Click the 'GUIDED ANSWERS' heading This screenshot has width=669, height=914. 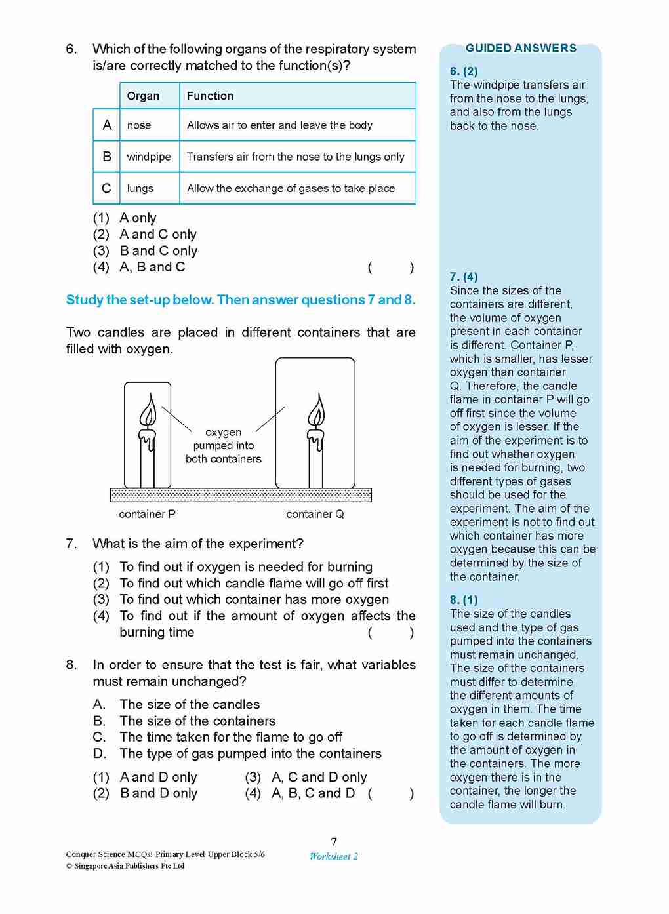tap(521, 49)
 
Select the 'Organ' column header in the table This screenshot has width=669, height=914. tap(143, 96)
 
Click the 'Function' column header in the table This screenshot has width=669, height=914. tap(210, 96)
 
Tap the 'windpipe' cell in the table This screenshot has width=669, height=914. tap(149, 157)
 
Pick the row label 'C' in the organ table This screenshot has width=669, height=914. tap(106, 188)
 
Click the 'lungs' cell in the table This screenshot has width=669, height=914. tap(140, 188)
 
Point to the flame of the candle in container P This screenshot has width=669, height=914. tap(148, 412)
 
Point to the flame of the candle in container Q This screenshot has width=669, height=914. tap(316, 412)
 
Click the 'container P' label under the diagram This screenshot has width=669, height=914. tap(147, 514)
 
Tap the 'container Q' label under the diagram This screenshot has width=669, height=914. tap(315, 514)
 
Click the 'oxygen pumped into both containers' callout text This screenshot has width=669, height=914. tap(224, 446)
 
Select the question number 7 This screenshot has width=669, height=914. tap(71, 544)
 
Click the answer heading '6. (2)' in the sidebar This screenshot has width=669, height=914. tap(464, 71)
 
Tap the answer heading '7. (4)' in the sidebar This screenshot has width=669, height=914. tap(464, 277)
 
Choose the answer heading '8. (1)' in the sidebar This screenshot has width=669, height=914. tap(464, 600)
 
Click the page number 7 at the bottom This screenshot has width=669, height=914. tap(334, 842)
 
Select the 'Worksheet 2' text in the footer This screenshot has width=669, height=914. tap(334, 856)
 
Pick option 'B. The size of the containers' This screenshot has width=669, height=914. tap(184, 721)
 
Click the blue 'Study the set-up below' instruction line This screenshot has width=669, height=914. tap(241, 300)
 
